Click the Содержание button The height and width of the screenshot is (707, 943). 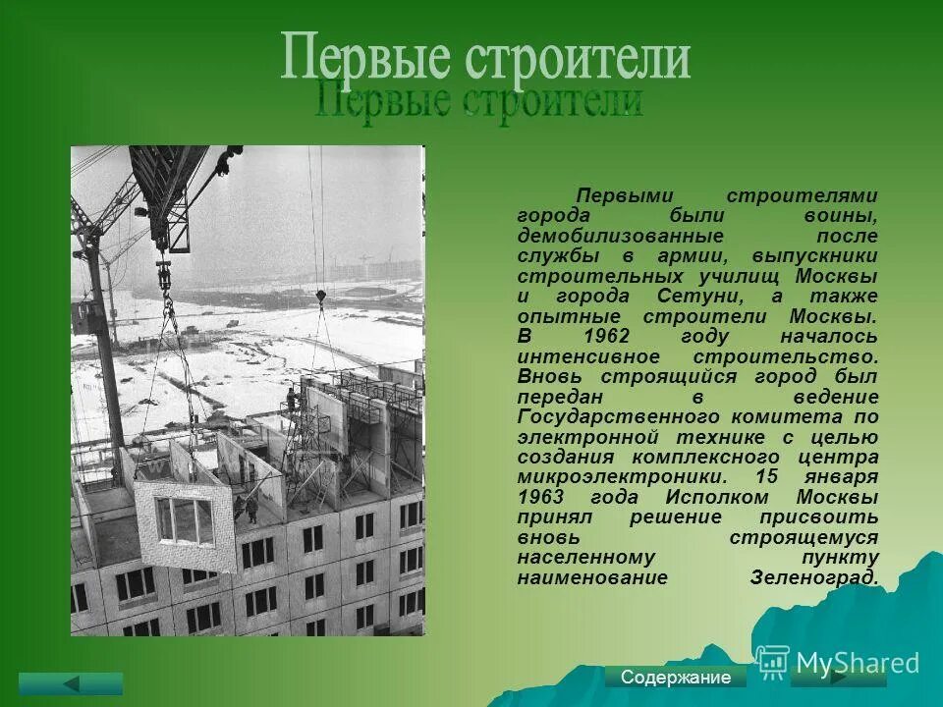tap(676, 678)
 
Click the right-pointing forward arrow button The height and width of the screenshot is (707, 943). tap(838, 677)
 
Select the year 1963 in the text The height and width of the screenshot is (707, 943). tap(541, 497)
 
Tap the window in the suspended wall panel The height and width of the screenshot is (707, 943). tap(185, 520)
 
